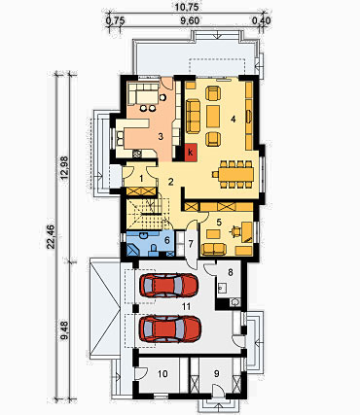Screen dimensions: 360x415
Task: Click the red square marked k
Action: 191,152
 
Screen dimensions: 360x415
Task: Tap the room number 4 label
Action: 233,120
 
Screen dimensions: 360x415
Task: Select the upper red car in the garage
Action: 168,285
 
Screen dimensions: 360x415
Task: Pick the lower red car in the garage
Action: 170,329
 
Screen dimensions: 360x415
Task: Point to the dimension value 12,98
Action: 64,168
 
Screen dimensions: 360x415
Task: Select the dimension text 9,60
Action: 190,21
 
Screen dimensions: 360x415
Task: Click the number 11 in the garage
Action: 186,306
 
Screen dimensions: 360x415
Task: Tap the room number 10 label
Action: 162,374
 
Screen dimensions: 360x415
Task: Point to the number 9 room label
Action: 217,373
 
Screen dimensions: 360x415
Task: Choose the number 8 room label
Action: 231,272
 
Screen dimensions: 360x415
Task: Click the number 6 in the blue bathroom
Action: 167,240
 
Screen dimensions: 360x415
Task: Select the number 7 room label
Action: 191,244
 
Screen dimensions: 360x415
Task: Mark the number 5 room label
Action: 219,222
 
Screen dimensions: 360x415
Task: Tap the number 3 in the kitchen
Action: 161,136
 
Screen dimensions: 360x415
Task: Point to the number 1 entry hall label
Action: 141,178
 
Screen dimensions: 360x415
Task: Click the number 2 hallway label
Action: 170,182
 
